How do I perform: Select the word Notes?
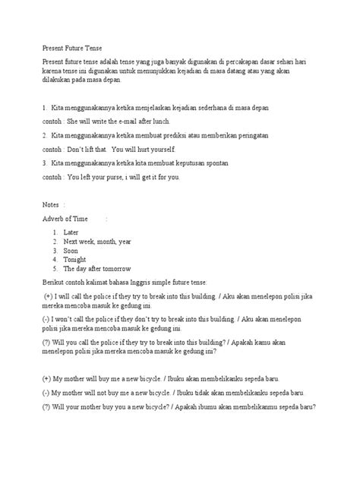coord(53,205)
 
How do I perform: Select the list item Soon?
coord(71,250)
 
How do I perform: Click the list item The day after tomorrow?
coord(98,269)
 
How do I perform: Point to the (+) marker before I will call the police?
coord(49,296)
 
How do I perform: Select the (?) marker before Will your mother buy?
coord(47,406)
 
